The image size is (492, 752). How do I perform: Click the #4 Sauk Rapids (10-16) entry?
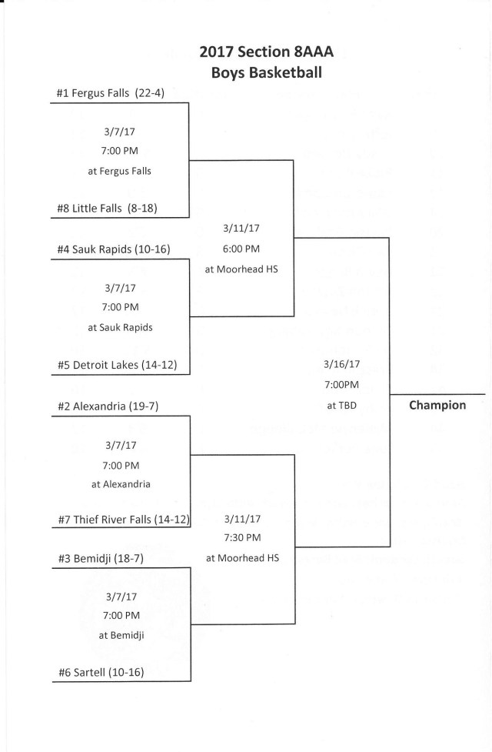pyautogui.click(x=113, y=249)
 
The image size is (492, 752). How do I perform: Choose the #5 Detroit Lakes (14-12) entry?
pyautogui.click(x=117, y=364)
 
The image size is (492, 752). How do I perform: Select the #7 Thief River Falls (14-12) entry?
pyautogui.click(x=123, y=520)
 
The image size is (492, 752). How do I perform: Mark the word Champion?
pyautogui.click(x=437, y=405)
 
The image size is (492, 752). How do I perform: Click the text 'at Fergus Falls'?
pyautogui.click(x=119, y=171)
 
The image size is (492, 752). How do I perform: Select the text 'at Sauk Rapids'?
pyautogui.click(x=120, y=327)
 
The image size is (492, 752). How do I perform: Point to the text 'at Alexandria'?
pyautogui.click(x=120, y=484)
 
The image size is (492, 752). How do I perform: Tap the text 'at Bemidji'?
pyautogui.click(x=120, y=635)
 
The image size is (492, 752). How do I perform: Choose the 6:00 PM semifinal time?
pyautogui.click(x=242, y=249)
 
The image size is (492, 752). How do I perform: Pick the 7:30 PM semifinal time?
pyautogui.click(x=242, y=537)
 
